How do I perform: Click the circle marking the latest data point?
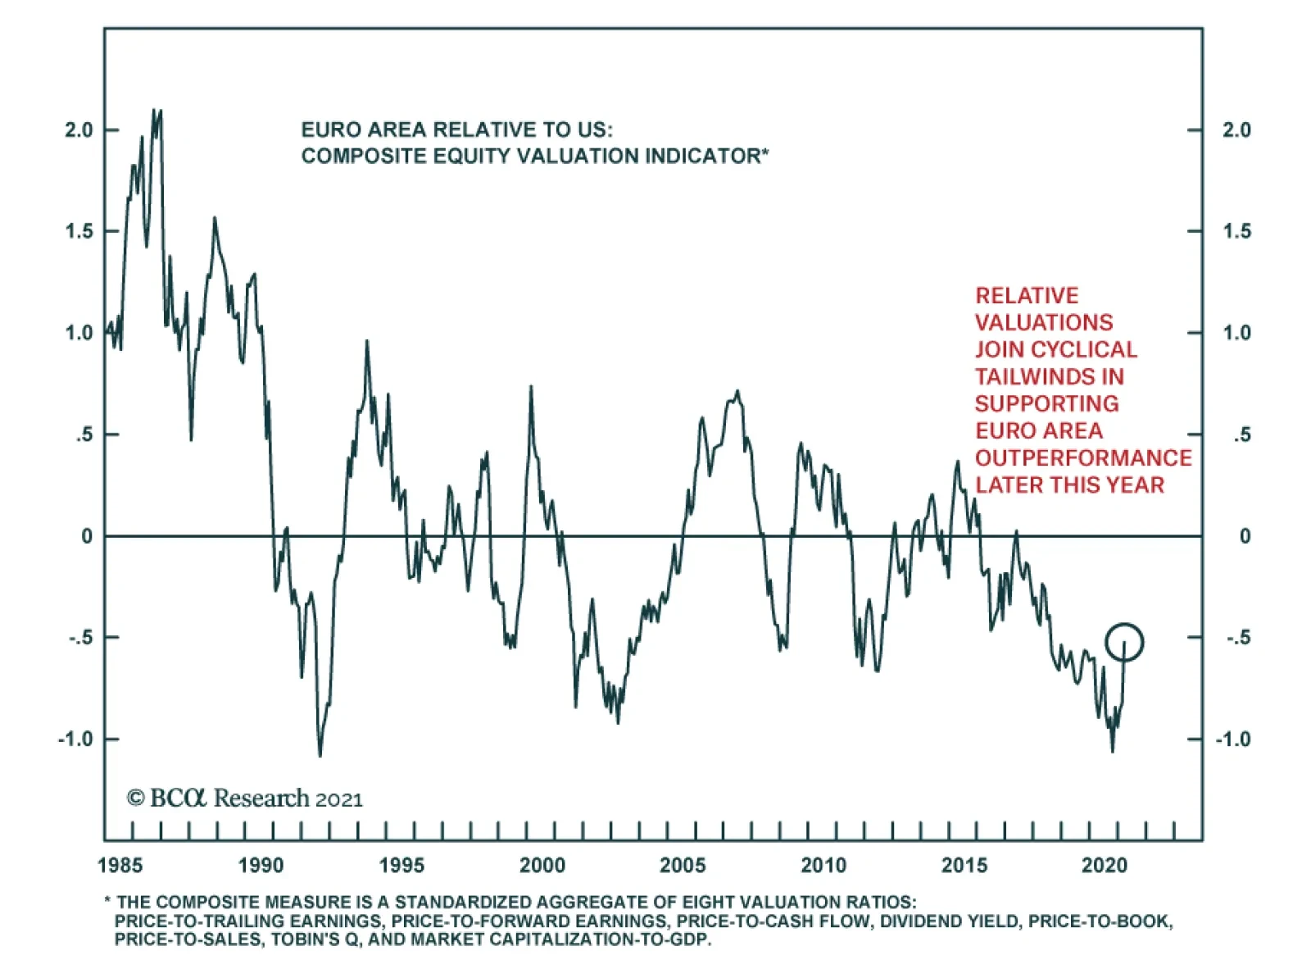click(x=1123, y=642)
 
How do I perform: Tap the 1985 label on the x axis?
click(x=120, y=865)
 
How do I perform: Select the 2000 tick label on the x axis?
click(x=542, y=865)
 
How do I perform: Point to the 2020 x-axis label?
click(x=1105, y=865)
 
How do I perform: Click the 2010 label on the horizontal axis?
click(x=823, y=865)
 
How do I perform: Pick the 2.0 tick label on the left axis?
click(x=79, y=130)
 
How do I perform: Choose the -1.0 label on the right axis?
click(x=1232, y=739)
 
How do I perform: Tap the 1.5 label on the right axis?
click(x=1236, y=231)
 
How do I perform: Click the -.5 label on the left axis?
click(x=81, y=637)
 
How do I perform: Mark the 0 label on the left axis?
click(x=87, y=536)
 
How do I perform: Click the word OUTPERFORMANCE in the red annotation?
click(x=1083, y=457)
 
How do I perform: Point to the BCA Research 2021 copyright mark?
click(x=244, y=798)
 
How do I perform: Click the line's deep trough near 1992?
click(x=320, y=755)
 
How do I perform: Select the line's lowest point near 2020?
click(x=1112, y=750)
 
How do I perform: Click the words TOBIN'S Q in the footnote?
click(x=315, y=939)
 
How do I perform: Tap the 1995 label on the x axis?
click(x=401, y=865)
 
